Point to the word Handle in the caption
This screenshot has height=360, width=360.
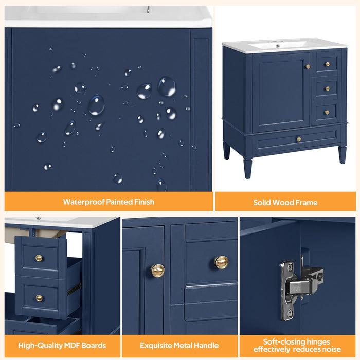(204, 345)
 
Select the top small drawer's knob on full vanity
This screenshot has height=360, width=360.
(327, 65)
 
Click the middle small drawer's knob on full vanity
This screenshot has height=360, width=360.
(327, 88)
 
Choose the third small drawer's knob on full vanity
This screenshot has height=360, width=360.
(327, 112)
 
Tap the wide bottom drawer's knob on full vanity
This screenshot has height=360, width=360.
(298, 139)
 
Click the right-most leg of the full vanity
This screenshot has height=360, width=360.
(342, 154)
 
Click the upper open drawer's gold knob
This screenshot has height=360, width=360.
(39, 258)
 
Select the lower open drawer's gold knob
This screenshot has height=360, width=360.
(39, 298)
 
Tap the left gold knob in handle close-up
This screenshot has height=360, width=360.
(157, 270)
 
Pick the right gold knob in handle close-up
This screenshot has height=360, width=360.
(221, 262)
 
